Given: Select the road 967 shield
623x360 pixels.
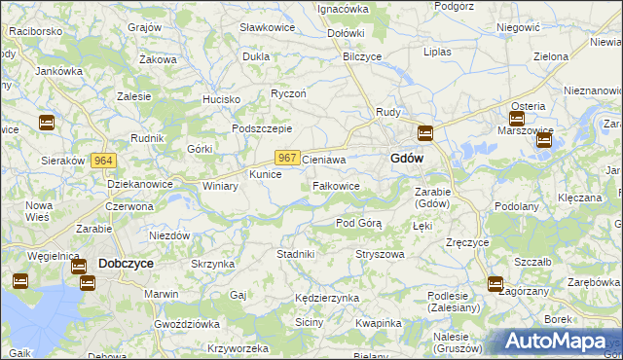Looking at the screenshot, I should click(286, 158).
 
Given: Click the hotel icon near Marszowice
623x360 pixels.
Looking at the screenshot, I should click(543, 140).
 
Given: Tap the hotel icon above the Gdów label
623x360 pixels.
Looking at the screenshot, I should click(424, 133).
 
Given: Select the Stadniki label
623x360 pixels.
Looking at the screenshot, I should click(295, 254).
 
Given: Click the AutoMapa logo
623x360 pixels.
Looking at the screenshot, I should click(560, 342).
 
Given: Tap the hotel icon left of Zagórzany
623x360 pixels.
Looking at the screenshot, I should click(495, 285).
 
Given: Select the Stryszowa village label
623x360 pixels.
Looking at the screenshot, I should click(380, 254).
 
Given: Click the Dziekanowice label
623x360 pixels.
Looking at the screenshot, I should click(140, 184).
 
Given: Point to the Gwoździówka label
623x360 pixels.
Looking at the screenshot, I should click(189, 323).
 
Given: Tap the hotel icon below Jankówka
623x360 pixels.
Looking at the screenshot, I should click(46, 123).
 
